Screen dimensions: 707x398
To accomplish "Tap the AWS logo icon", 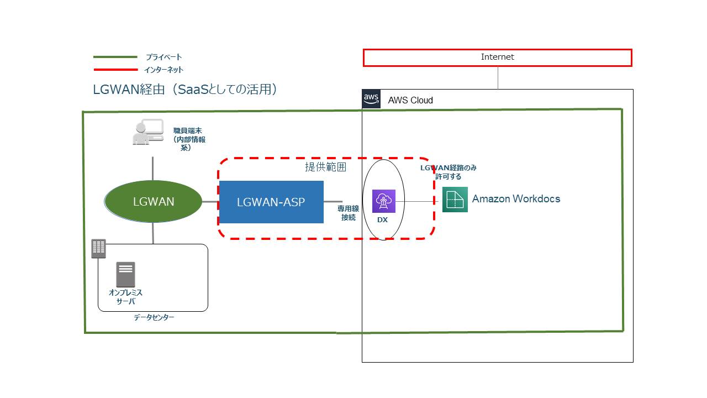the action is (x=371, y=99).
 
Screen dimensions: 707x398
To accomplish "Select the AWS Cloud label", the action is (x=410, y=100).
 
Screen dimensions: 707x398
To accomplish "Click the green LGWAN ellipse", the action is (x=153, y=201).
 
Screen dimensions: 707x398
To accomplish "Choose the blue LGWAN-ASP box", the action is (x=271, y=202).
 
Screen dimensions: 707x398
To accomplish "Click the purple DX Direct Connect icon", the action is (x=384, y=201).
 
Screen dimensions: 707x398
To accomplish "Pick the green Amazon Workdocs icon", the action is (x=455, y=200).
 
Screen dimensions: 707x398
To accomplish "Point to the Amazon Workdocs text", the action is (x=516, y=198).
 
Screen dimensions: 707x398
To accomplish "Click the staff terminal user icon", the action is (x=148, y=132).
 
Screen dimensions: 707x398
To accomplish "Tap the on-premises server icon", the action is (x=125, y=274).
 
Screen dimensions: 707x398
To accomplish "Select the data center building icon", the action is (x=98, y=249).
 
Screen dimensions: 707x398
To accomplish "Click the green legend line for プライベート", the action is (x=115, y=57).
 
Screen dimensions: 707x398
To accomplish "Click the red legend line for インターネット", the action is (x=115, y=70).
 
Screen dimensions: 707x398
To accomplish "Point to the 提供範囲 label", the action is (x=325, y=167).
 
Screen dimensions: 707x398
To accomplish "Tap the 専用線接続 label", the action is (x=348, y=213).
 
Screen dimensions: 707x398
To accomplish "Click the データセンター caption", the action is (x=154, y=317).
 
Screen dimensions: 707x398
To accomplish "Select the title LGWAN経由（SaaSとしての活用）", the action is (x=185, y=90).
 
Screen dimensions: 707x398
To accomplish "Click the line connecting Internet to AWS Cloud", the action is (x=498, y=78).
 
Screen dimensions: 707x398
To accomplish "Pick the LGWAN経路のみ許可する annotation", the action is (x=448, y=172).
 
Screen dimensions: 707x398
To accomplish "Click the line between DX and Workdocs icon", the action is (x=416, y=201).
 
